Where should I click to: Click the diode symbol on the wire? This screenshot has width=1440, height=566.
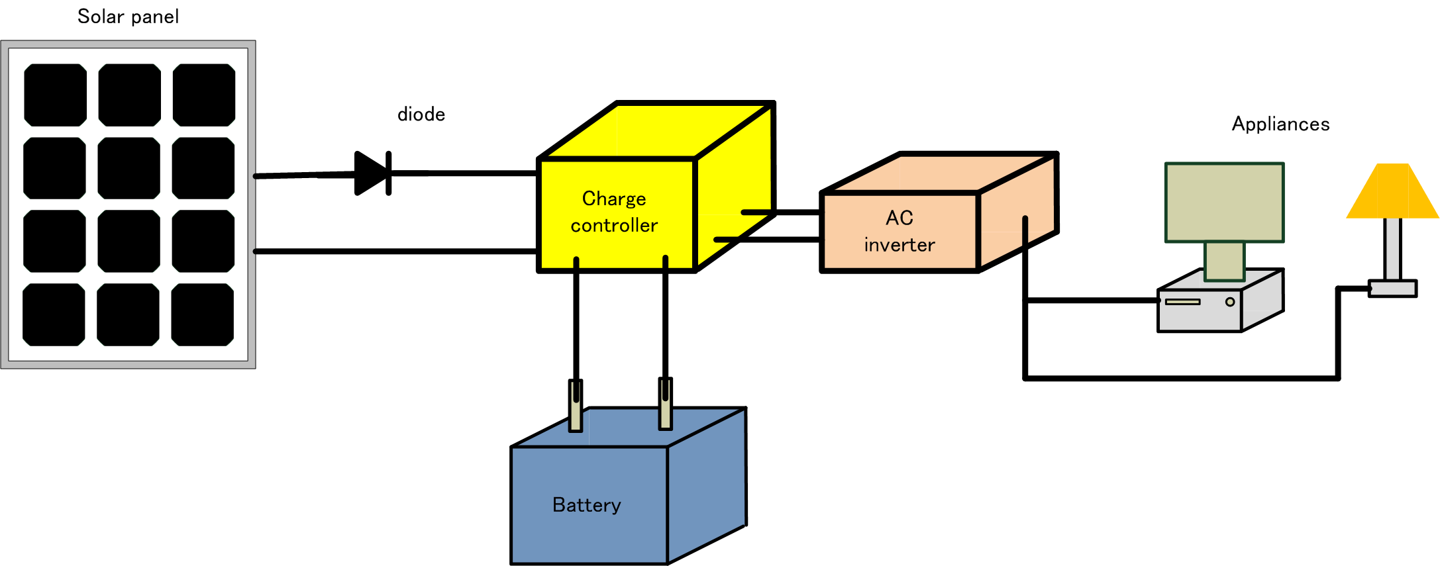372,173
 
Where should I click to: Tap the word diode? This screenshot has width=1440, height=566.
421,115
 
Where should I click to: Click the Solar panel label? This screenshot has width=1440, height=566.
128,17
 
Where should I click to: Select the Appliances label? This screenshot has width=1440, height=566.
1280,124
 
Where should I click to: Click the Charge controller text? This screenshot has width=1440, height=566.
614,212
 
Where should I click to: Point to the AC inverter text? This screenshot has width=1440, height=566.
899,232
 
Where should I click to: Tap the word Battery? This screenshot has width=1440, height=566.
586,505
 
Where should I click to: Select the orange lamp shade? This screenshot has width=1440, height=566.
1392,192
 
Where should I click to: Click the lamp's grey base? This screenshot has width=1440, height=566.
1392,289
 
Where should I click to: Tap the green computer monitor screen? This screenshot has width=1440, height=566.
1224,202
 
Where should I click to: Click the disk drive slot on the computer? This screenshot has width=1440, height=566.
1182,302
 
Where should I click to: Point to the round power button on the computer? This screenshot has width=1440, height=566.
1230,302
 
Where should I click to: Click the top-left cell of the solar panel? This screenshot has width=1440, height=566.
56,95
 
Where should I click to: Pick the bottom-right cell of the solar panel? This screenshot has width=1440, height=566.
203,314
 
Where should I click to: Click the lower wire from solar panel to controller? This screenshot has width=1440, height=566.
397,252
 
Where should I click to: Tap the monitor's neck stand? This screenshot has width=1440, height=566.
1224,261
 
